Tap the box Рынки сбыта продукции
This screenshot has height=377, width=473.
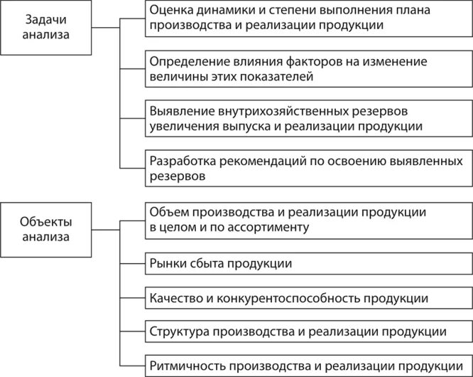click(308, 263)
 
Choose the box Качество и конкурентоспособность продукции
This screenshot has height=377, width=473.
click(308, 297)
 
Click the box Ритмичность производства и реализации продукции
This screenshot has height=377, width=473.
click(308, 366)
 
